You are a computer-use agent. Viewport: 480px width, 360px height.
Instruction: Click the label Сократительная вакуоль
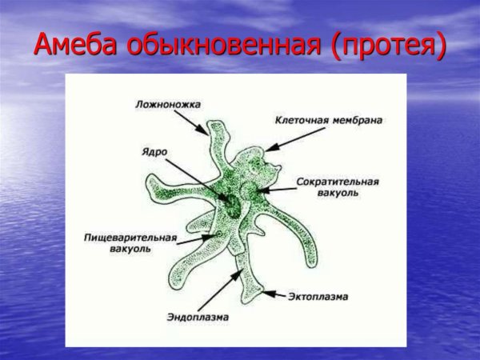[338, 186]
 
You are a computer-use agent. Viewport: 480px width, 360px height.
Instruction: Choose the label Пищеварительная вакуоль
[131, 242]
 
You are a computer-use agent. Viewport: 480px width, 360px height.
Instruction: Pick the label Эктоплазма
[318, 297]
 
